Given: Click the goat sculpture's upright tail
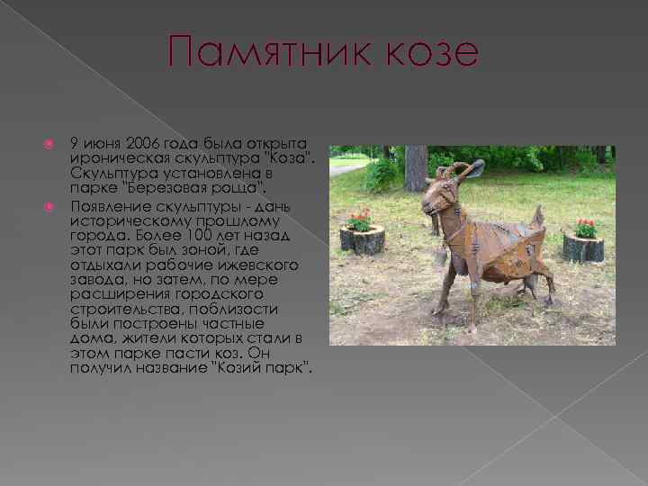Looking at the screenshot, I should [537, 217].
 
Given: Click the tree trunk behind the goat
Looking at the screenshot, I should [415, 168].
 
